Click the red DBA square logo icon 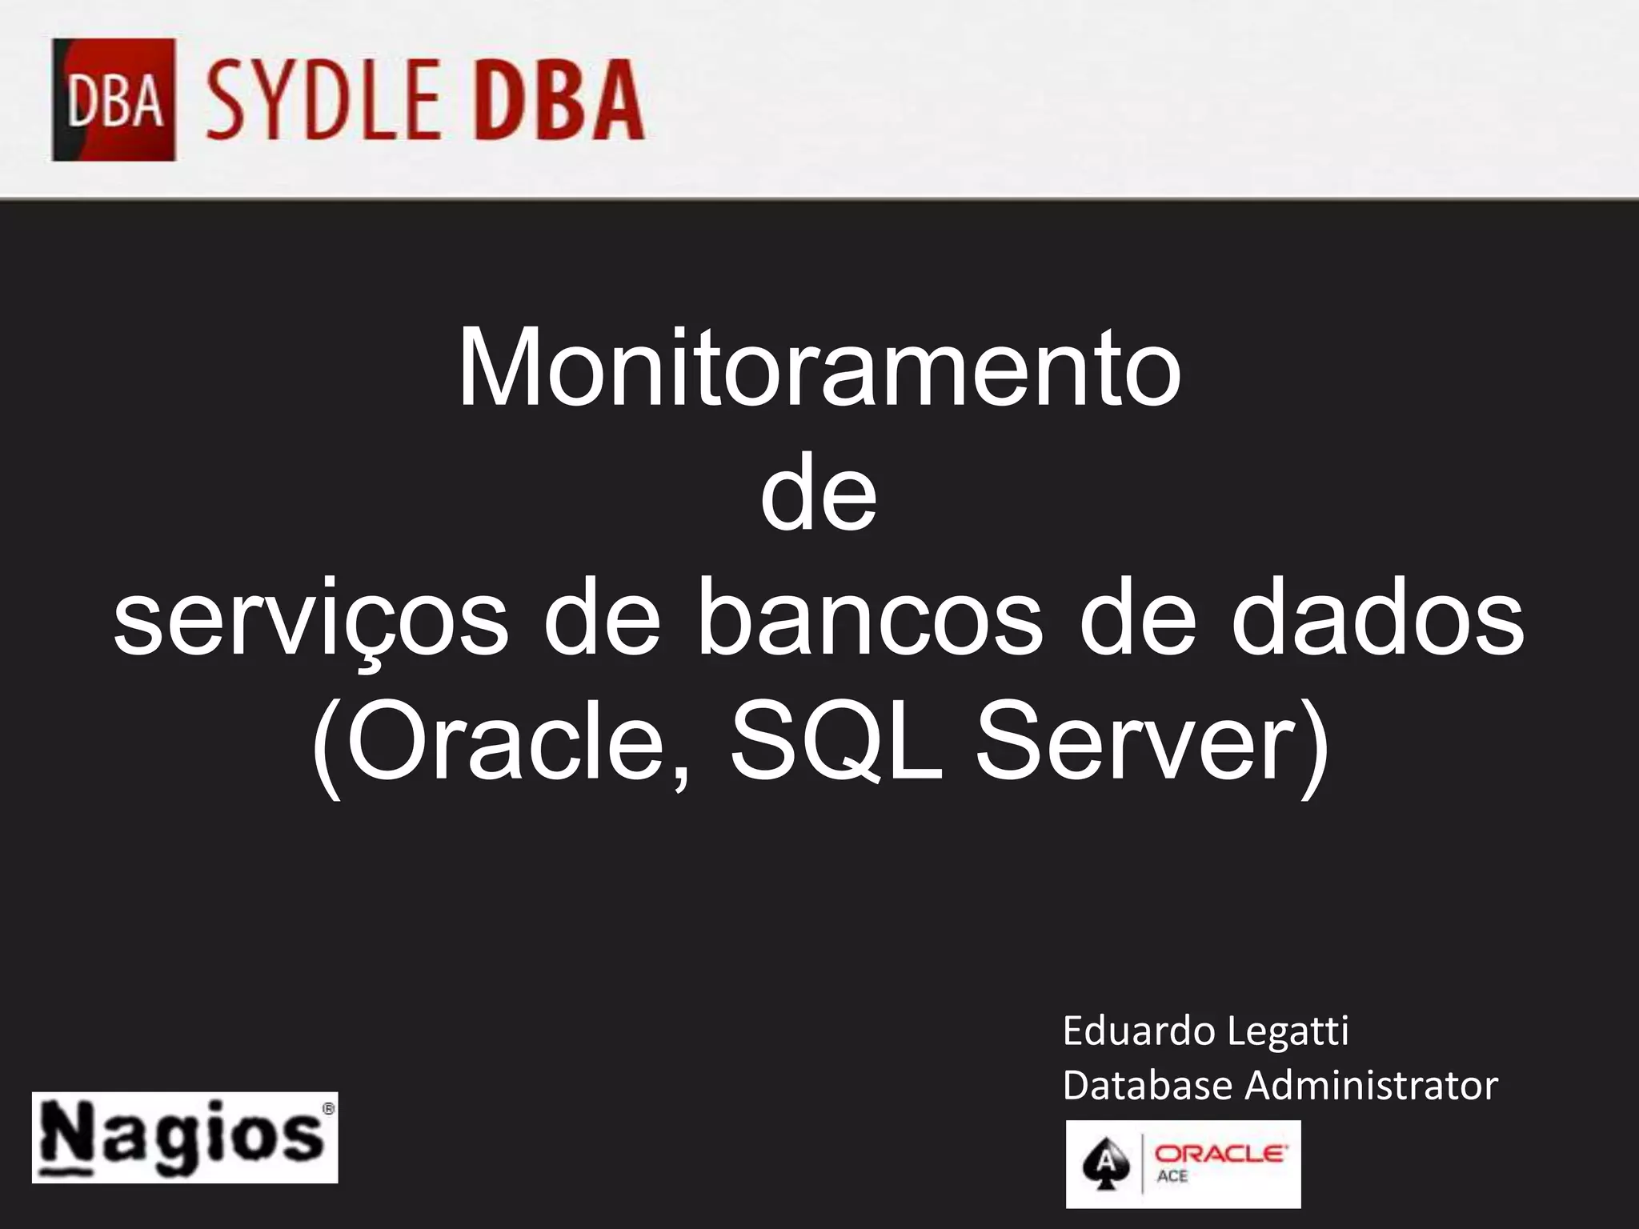pyautogui.click(x=114, y=100)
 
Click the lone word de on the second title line pyautogui.click(x=819, y=495)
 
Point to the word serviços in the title pyautogui.click(x=311, y=621)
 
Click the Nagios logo pyautogui.click(x=185, y=1137)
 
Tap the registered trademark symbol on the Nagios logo pyautogui.click(x=327, y=1109)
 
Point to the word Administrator pyautogui.click(x=1371, y=1086)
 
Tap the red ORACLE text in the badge pyautogui.click(x=1219, y=1154)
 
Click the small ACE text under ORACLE pyautogui.click(x=1172, y=1177)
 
